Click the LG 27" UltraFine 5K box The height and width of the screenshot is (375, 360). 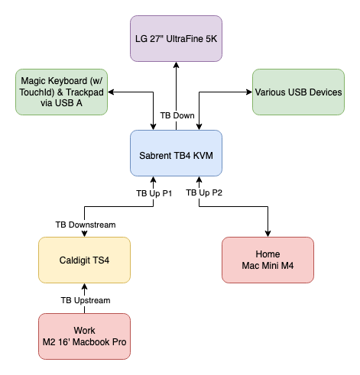176,38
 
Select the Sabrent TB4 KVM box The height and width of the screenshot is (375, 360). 176,153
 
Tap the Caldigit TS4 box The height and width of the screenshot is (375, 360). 84,260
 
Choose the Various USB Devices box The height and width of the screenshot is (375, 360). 298,92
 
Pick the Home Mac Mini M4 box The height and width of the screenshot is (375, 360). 268,260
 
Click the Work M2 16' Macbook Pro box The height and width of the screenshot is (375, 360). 84,336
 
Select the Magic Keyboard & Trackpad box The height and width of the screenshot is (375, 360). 61,92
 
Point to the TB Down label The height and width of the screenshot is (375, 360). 177,115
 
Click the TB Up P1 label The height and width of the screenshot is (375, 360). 154,193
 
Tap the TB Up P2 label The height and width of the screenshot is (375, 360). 204,192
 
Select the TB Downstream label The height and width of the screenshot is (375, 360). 86,225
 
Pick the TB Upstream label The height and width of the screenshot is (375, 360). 86,300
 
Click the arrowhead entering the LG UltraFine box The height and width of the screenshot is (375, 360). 176,65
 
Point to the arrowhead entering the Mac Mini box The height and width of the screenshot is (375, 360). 268,234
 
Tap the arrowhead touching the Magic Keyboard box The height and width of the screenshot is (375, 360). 111,92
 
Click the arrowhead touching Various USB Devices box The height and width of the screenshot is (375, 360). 249,92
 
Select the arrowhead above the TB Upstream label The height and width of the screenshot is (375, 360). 84,286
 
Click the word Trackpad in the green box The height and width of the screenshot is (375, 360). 85,92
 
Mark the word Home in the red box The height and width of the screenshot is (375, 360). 268,254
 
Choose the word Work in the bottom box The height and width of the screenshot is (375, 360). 84,331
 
